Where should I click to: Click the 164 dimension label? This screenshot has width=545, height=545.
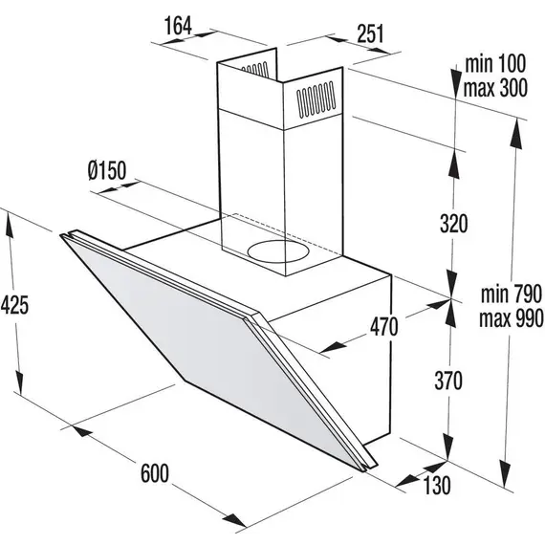[178, 26]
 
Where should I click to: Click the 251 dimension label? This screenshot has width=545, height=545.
[371, 33]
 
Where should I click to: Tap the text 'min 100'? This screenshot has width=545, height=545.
[495, 64]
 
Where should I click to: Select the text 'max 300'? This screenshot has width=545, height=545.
[495, 88]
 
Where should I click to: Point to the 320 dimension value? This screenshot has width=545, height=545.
[454, 224]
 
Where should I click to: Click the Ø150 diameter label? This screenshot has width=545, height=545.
[107, 170]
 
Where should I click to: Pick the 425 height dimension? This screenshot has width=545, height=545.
[14, 306]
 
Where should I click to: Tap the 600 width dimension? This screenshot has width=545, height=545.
[155, 472]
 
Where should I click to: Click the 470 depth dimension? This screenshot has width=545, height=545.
[383, 327]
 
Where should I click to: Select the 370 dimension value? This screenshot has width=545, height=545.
[448, 381]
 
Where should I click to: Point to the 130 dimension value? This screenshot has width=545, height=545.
[437, 485]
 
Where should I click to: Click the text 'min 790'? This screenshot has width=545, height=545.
[512, 294]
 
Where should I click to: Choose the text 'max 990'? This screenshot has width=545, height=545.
[512, 318]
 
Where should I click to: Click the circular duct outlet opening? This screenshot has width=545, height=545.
[278, 251]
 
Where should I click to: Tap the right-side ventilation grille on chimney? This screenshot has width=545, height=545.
[316, 98]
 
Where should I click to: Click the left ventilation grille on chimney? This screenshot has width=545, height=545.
[255, 70]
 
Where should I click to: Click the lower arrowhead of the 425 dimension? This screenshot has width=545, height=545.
[19, 383]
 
